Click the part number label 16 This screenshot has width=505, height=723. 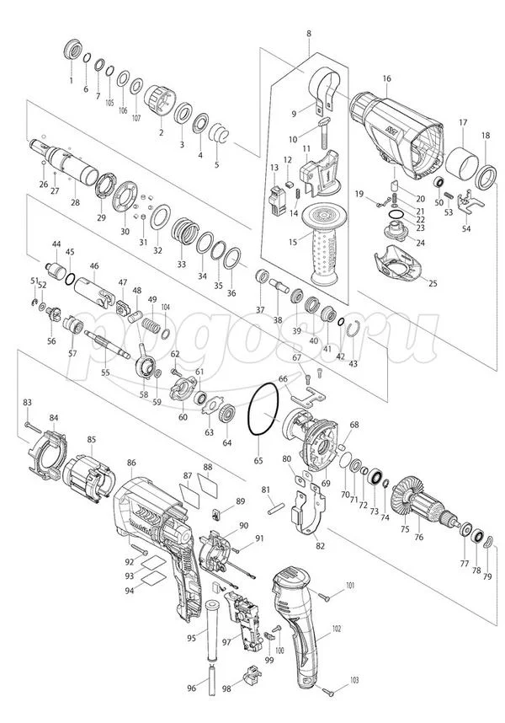pyautogui.click(x=386, y=79)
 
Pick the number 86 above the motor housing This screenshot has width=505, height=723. pyautogui.click(x=131, y=463)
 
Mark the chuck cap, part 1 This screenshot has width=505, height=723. pyautogui.click(x=72, y=51)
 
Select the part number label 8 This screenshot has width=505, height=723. pyautogui.click(x=309, y=33)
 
